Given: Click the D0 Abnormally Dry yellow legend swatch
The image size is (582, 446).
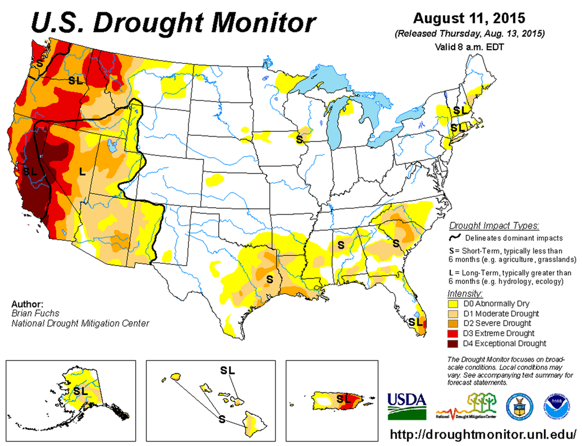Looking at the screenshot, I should point(454,303).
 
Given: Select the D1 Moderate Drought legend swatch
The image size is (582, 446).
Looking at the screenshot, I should point(454,313).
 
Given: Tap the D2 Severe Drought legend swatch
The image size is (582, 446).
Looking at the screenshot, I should point(454,323).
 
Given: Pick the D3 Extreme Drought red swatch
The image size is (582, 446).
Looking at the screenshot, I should point(454,333).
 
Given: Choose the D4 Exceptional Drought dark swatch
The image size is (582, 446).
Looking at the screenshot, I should point(454,344).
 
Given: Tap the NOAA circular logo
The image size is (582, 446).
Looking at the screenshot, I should point(558,404).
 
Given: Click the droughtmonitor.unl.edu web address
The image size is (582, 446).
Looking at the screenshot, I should point(484,434).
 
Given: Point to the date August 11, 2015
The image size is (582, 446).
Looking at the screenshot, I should point(470,19).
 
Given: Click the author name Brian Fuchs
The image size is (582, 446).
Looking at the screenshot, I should point(35,313).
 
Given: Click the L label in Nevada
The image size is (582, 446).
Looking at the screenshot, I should point(82,171).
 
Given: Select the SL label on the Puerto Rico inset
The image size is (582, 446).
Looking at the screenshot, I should point(343,398).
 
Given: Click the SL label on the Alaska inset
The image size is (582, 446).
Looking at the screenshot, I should point(80,391).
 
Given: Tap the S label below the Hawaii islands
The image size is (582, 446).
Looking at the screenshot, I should point(221,418).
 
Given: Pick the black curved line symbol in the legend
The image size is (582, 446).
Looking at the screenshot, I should point(454,237).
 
